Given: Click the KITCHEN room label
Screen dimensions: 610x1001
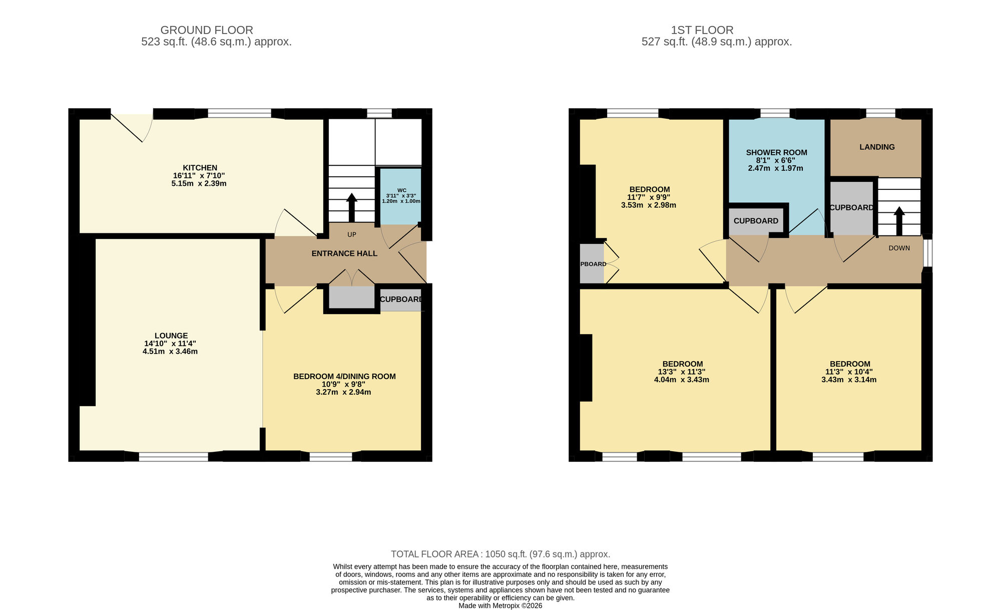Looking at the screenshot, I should pos(200,168).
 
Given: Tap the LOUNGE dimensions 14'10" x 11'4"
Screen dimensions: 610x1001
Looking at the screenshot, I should pos(170,344).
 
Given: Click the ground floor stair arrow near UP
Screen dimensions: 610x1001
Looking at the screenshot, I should pos(351,206).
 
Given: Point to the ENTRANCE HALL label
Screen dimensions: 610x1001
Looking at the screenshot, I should pos(344,253).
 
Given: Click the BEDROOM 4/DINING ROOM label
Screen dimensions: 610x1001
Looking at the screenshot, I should pos(344,376).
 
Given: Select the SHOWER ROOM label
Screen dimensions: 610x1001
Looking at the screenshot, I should pos(776,152).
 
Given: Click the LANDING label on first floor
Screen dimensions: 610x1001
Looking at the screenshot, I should pos(877,147).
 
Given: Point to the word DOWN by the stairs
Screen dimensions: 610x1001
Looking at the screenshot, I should pos(899,248).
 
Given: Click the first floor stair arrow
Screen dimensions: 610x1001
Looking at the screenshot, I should pos(899,220).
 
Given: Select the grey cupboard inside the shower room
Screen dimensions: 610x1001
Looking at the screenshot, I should pos(756,221).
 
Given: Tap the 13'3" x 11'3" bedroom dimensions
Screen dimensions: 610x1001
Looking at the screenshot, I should pos(683,372).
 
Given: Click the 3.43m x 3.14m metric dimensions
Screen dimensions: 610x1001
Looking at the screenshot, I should pos(849,380).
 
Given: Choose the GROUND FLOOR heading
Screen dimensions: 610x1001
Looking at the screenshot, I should pos(206,30).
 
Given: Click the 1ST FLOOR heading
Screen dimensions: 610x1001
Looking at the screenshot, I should pos(702,30).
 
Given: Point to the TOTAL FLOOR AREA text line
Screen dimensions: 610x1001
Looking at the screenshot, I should pos(500,554).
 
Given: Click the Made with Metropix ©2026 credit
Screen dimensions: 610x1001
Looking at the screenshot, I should pos(500,605).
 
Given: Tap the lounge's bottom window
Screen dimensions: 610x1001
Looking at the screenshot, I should pos(173,456).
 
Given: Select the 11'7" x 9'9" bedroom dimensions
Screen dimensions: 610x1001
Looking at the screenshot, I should pos(649,197).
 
